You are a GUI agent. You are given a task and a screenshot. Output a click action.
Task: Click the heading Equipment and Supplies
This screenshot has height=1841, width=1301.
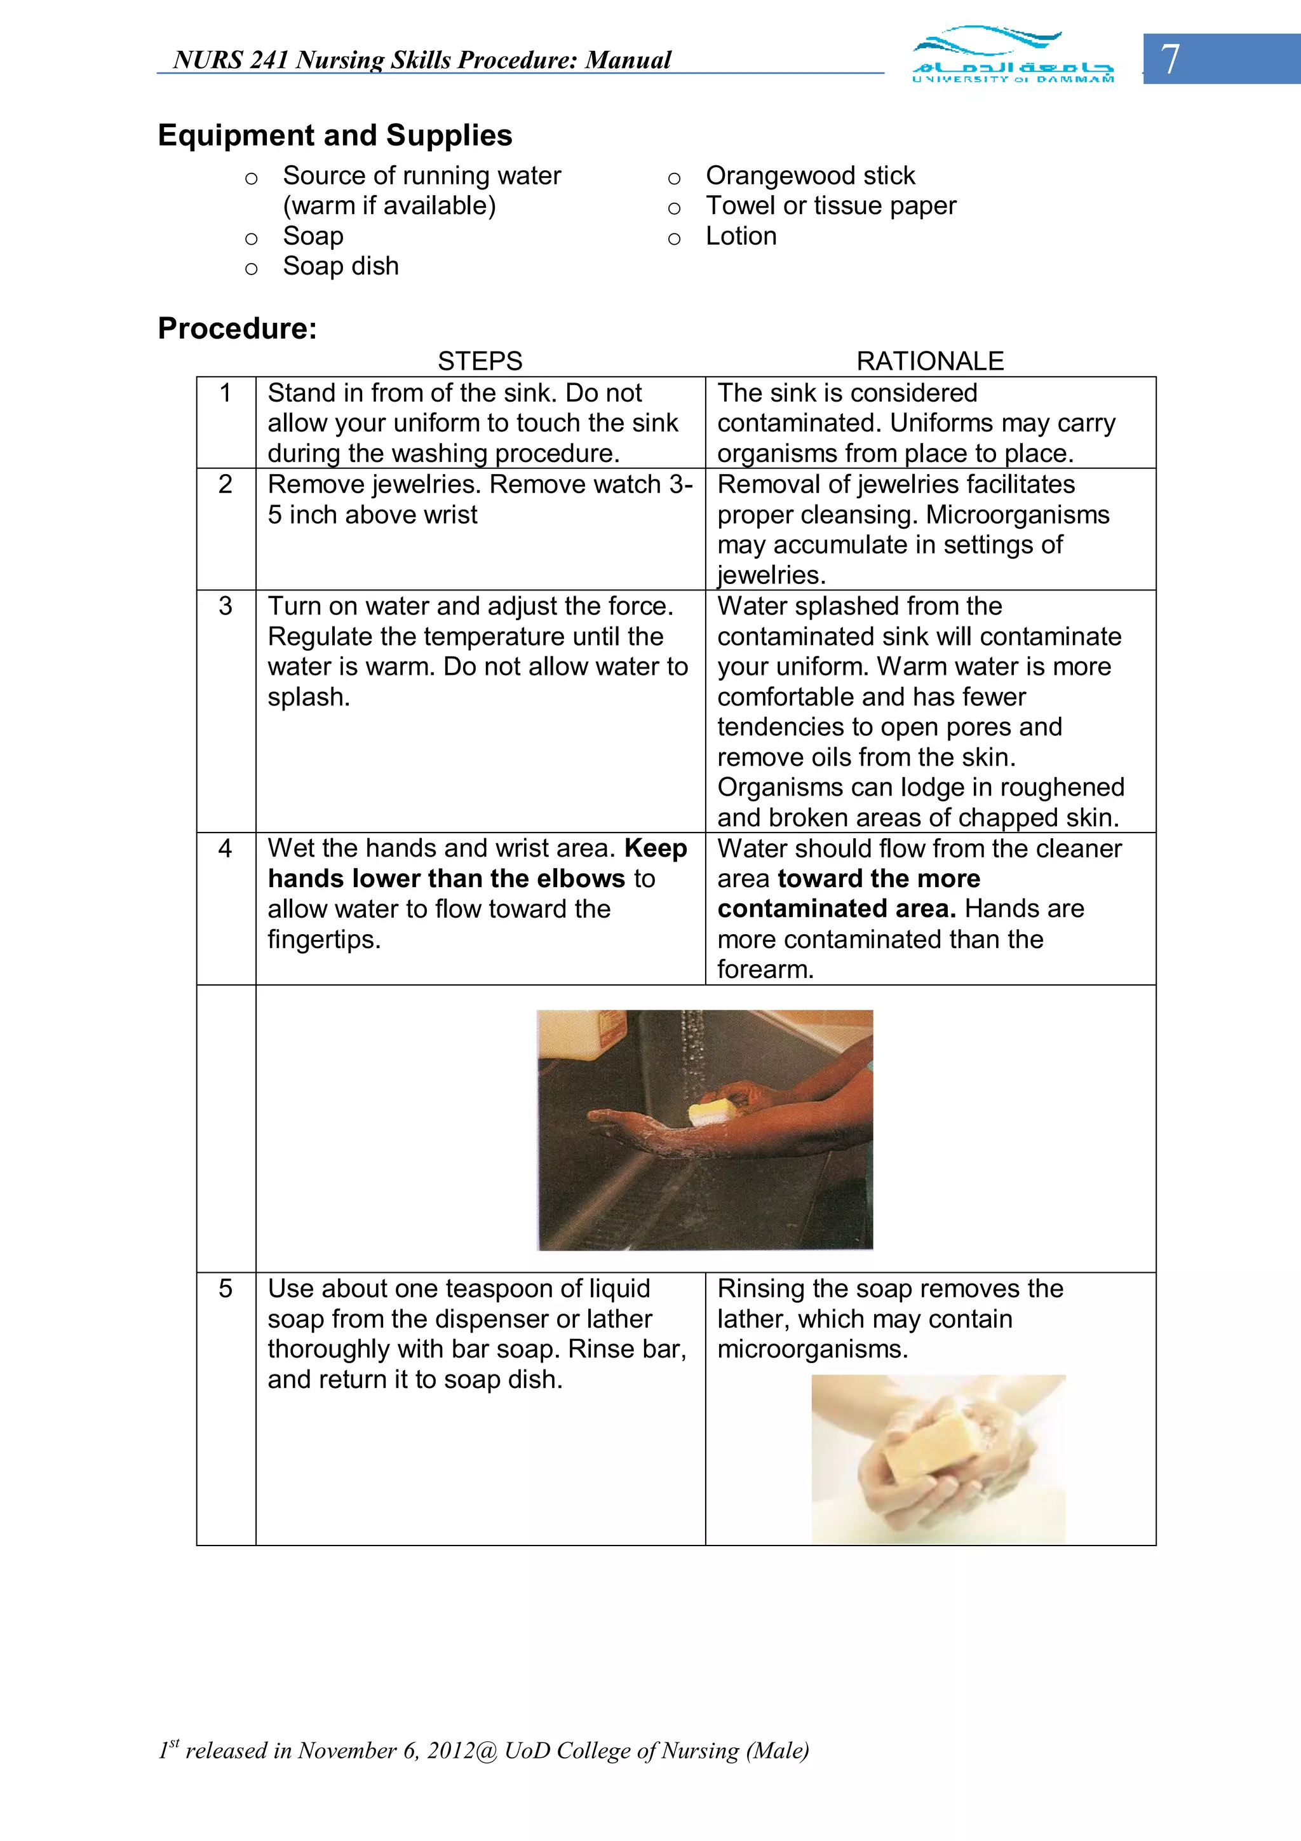[x=335, y=135]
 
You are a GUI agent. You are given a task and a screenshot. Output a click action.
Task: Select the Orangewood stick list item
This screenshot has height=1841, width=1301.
[x=809, y=175]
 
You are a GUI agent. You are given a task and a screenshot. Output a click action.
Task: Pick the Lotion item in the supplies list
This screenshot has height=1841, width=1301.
[x=741, y=236]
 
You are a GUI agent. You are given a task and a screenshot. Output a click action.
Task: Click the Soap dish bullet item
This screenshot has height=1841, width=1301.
[x=340, y=266]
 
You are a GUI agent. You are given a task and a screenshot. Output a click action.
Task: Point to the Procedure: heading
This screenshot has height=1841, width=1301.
[x=238, y=328]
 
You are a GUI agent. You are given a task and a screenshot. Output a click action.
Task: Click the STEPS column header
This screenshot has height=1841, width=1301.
[x=480, y=361]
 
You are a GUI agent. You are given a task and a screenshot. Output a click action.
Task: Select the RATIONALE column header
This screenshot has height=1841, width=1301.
[x=930, y=361]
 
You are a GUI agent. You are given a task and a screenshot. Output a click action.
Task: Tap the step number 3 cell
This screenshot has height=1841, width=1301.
[x=226, y=606]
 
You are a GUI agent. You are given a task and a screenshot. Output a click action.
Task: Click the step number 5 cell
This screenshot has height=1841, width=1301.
[x=226, y=1289]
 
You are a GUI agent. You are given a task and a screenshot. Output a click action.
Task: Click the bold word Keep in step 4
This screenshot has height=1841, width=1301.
[x=655, y=848]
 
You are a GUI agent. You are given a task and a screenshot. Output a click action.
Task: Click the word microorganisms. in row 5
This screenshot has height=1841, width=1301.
[x=812, y=1350]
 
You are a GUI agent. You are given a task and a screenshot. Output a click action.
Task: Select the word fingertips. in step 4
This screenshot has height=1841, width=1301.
[x=324, y=939]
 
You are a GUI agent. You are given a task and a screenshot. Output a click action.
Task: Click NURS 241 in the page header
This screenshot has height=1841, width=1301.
[x=231, y=60]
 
